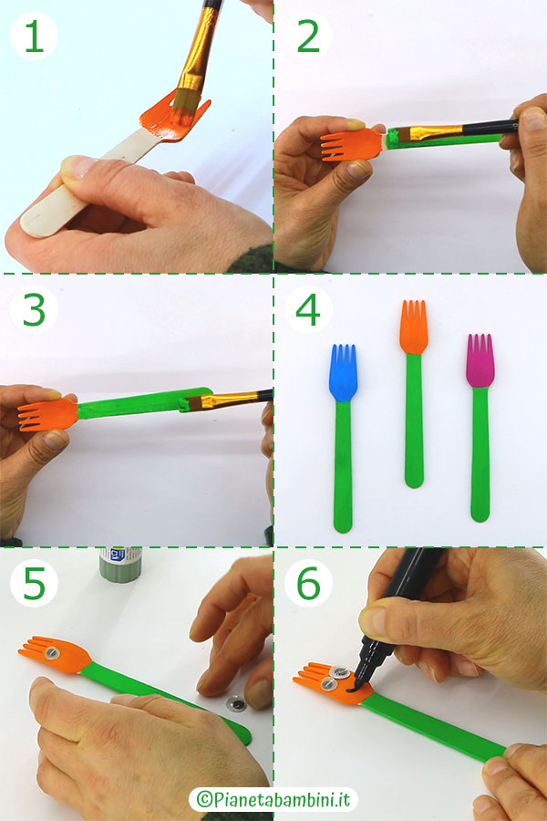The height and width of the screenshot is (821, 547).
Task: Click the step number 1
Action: (x=35, y=36)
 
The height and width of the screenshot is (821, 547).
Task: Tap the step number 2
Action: (x=308, y=36)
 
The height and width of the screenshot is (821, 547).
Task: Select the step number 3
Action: (x=35, y=310)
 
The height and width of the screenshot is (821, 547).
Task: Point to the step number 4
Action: (x=308, y=310)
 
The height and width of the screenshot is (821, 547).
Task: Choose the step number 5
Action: (x=35, y=583)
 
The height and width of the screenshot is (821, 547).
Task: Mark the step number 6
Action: (x=308, y=583)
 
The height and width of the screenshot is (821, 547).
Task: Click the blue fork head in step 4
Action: (x=344, y=373)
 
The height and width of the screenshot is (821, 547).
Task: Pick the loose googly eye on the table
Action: (x=236, y=703)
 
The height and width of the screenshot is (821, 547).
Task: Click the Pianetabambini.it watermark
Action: (x=273, y=799)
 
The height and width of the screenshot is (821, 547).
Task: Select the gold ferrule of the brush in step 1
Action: (x=196, y=51)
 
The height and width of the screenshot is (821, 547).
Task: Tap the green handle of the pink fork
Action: (x=480, y=453)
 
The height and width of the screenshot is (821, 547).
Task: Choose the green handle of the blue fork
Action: (x=344, y=466)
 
